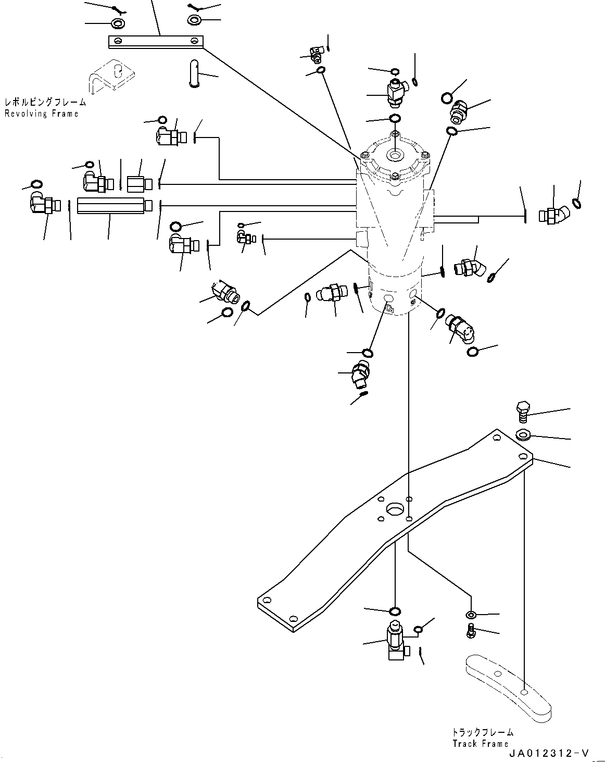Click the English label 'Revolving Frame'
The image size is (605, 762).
[x=41, y=114]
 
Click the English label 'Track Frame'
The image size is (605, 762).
[x=480, y=743]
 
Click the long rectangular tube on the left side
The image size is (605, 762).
[x=111, y=206]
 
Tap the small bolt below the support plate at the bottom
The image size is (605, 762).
[x=471, y=630]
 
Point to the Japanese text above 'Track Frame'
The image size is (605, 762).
[x=483, y=732]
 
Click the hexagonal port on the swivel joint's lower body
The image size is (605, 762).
[x=388, y=299]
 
